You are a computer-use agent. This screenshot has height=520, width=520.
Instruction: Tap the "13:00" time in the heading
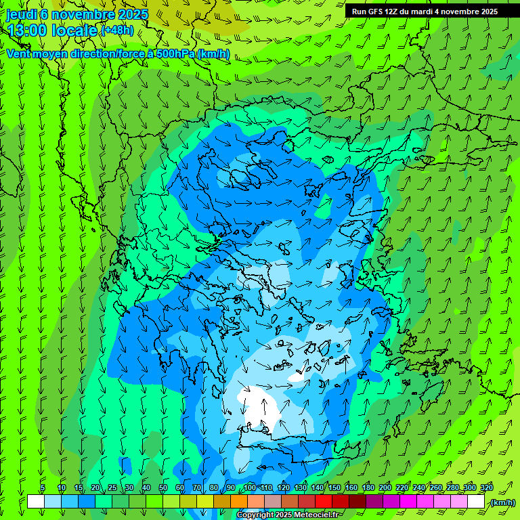pyautogui.click(x=27, y=30)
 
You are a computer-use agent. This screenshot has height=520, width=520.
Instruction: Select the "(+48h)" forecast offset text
pyautogui.click(x=117, y=30)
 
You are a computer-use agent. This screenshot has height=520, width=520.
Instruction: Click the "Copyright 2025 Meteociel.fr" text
pyautogui.click(x=288, y=515)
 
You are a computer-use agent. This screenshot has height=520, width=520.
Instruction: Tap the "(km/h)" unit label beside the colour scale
pyautogui.click(x=502, y=502)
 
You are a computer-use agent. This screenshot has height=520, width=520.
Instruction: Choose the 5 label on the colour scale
pyautogui.click(x=43, y=488)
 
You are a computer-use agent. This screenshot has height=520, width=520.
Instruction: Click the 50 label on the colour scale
pyautogui.click(x=162, y=488)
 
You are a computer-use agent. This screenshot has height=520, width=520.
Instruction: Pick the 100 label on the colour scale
pyautogui.click(x=249, y=488)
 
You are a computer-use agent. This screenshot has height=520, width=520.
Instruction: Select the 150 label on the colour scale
pyautogui.click(x=334, y=488)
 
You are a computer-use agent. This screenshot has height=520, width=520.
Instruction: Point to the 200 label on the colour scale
pyautogui.click(x=385, y=488)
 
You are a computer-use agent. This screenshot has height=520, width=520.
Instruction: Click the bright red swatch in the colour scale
pyautogui.click(x=324, y=502)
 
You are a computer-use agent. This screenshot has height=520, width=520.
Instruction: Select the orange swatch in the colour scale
pyautogui.click(x=238, y=502)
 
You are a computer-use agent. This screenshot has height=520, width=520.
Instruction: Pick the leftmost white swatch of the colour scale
pyautogui.click(x=36, y=502)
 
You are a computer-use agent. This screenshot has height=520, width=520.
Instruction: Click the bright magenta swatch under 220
pyautogui.click(x=408, y=502)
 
